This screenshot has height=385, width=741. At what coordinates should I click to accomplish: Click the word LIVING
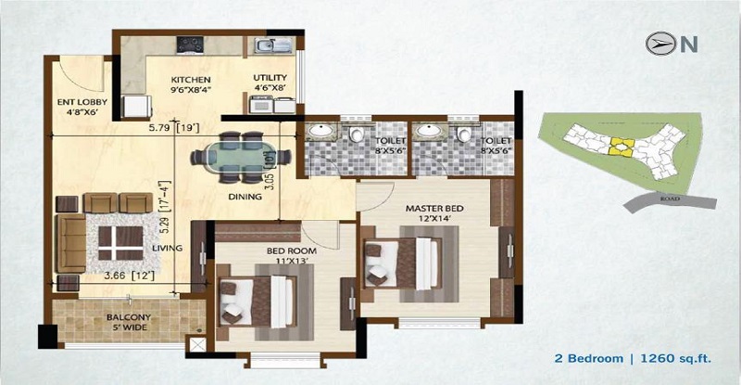pos(168,248)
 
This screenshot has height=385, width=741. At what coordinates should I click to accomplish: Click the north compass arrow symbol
pos(659,43)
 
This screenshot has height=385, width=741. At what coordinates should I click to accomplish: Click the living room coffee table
pos(118,238)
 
